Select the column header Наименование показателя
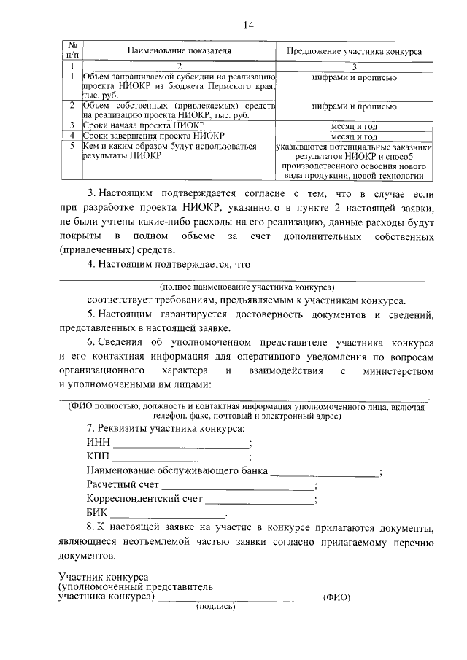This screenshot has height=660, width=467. pos(179,52)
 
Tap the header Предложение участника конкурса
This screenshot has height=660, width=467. pos(353,52)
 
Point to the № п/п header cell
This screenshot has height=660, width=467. pos(72,49)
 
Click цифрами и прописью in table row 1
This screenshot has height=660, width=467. pos(353,77)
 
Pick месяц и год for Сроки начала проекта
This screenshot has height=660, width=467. pos(353,125)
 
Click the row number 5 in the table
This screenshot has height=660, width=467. pos(72,146)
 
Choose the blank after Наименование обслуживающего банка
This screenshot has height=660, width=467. pos(325,473)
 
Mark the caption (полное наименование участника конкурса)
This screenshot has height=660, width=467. pos(245,287)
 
